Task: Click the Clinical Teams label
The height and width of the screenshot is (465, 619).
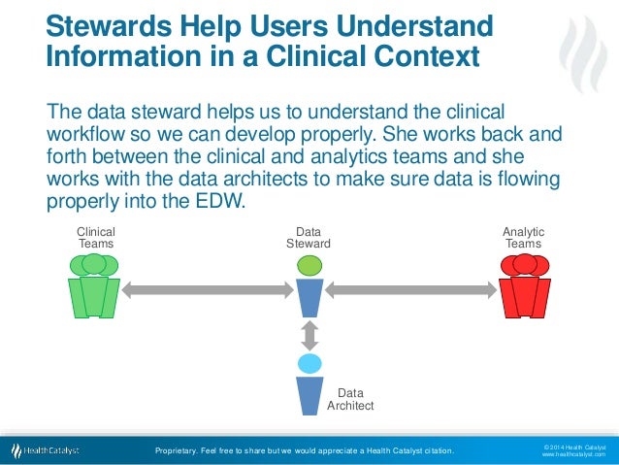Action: [x=95, y=238]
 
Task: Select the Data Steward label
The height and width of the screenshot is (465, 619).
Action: [x=309, y=238]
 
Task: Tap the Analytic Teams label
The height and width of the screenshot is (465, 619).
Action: [x=523, y=238]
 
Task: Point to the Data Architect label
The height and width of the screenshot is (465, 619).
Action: [x=350, y=399]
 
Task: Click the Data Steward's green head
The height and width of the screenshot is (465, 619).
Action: [x=309, y=265]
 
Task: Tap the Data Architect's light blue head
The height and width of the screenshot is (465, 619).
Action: [x=309, y=364]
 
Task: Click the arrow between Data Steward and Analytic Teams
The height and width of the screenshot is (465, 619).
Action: [x=410, y=289]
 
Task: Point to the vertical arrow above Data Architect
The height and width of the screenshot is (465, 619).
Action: [x=309, y=334]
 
